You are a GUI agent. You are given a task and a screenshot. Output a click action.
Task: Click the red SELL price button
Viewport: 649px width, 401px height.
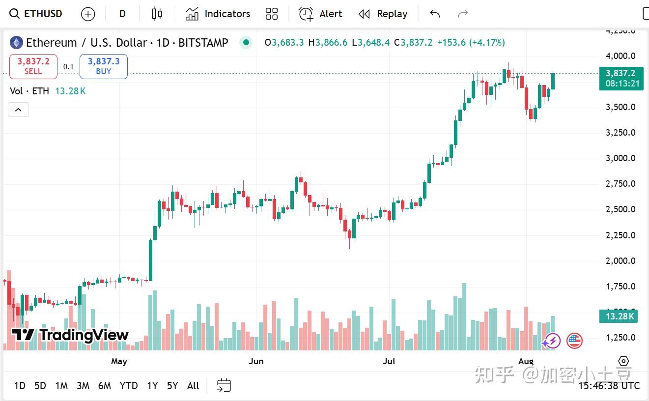[x=33, y=66]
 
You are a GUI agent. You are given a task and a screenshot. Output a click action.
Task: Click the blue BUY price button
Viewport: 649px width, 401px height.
[x=104, y=66]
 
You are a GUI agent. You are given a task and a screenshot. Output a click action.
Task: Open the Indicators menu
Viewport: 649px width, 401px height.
[x=218, y=14]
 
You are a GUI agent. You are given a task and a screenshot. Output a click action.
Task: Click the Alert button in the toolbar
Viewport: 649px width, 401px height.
[x=320, y=14]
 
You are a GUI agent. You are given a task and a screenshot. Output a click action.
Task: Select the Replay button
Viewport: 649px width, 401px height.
[x=383, y=14]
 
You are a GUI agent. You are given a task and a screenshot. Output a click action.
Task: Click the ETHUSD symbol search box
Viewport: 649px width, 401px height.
[x=37, y=14]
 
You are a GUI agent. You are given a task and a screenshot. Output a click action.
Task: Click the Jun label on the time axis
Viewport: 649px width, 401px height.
[x=256, y=361]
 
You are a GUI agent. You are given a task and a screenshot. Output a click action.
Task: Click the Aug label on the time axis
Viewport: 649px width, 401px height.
[x=526, y=361]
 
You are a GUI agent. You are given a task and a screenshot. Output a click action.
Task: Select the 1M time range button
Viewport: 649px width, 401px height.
[x=61, y=386]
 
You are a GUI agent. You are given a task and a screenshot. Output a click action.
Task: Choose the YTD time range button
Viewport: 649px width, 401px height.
[x=129, y=386]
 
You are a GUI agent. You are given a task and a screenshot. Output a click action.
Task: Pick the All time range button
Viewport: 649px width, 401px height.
[x=193, y=386]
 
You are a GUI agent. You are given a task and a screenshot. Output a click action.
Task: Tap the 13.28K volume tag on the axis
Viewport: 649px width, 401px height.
[x=618, y=316]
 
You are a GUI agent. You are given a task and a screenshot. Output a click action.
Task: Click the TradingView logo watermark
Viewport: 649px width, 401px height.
[x=70, y=335]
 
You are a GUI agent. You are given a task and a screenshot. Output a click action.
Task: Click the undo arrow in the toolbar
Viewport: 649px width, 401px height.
[x=435, y=14]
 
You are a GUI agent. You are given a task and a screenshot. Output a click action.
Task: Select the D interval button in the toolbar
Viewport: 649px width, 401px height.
[x=122, y=14]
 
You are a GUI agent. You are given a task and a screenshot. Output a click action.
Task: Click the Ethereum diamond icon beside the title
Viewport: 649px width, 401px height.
[x=16, y=43]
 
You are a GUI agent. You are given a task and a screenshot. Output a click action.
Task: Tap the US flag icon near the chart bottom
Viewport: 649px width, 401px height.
[x=574, y=341]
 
